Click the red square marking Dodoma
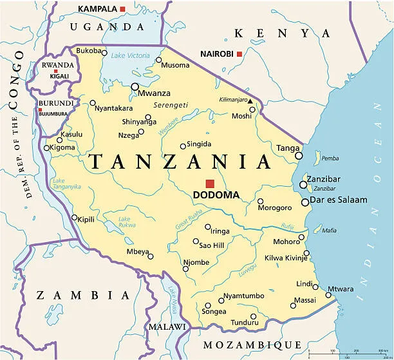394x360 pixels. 210,183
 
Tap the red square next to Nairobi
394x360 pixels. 239,54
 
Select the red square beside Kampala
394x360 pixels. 123,8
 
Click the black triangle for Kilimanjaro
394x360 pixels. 250,101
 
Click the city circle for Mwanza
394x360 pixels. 135,86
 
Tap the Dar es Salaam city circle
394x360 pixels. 305,202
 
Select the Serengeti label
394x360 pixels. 171,105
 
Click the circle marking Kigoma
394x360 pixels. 46,148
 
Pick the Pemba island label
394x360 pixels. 330,158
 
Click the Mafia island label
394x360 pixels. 329,230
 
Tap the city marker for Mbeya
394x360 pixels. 151,257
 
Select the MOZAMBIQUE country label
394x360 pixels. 252,345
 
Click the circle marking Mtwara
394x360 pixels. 328,296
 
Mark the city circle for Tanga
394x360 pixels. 299,155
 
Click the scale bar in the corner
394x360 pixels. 351,354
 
